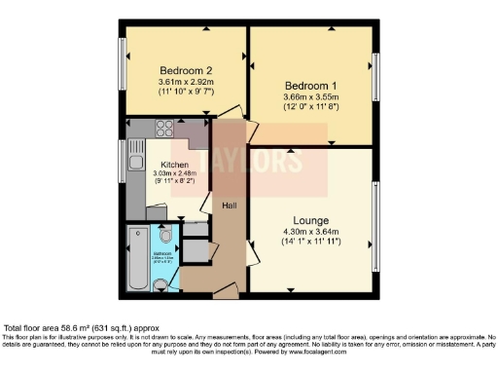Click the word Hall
click(231, 206)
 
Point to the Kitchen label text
click(160, 165)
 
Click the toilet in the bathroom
click(167, 237)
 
